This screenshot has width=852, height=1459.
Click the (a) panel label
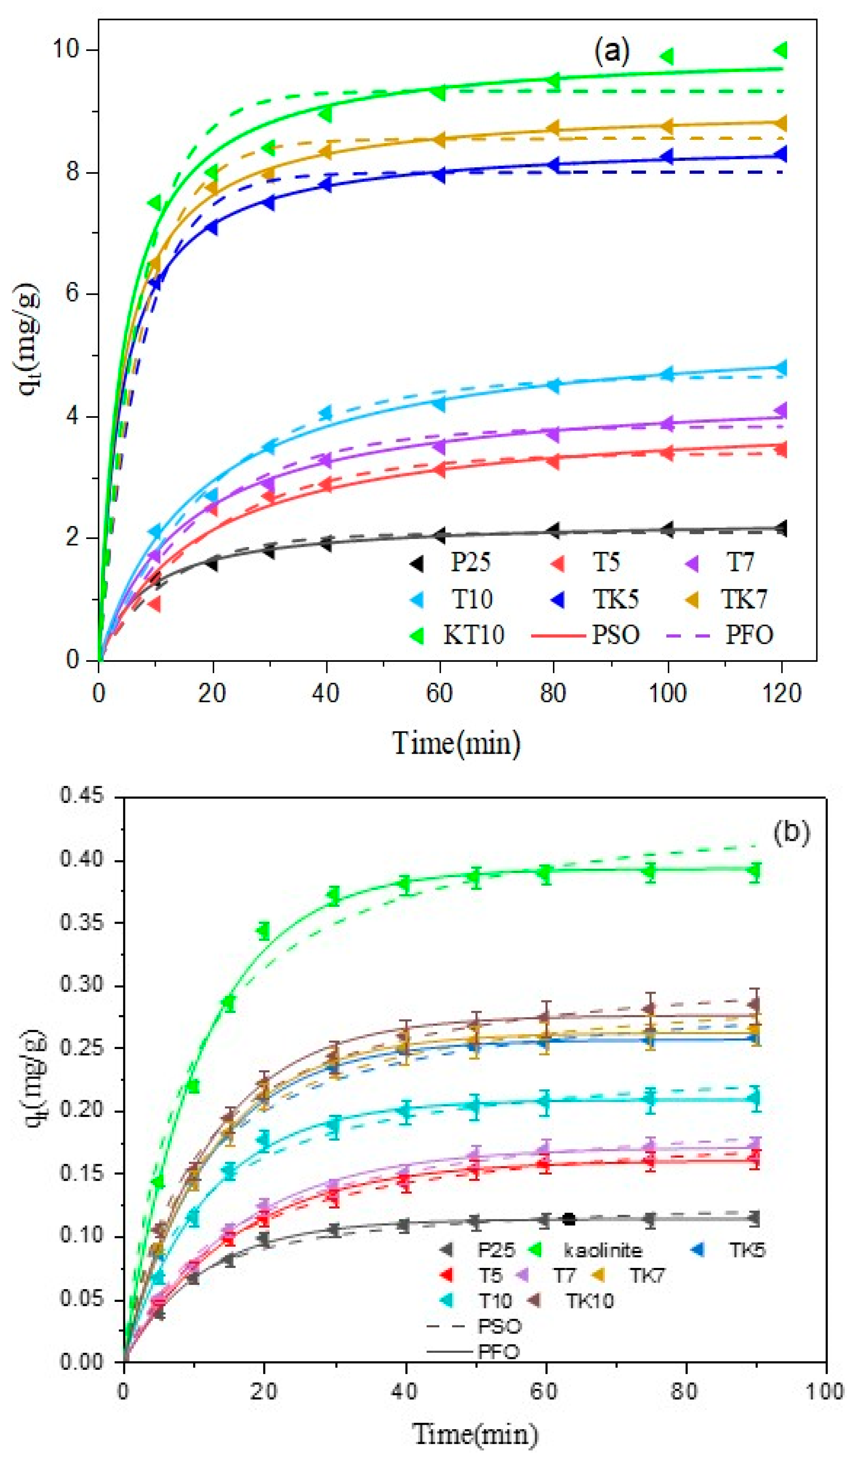click(611, 52)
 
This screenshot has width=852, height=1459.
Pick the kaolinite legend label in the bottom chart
click(603, 1250)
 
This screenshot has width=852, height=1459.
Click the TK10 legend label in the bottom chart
click(590, 1301)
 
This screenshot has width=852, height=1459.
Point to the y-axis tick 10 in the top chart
click(66, 50)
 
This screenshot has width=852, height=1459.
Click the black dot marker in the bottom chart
click(569, 1219)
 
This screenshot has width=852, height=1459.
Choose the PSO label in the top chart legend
click(615, 635)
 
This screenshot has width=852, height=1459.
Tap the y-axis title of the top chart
click(30, 342)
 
